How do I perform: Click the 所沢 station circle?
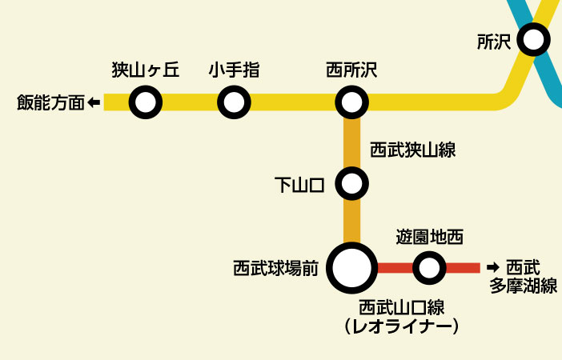pyautogui.click(x=533, y=38)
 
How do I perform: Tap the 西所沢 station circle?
pyautogui.click(x=351, y=102)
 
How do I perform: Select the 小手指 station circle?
pyautogui.click(x=234, y=102)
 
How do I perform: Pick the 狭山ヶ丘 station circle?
pyautogui.click(x=146, y=102)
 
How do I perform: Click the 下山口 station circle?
pyautogui.click(x=351, y=184)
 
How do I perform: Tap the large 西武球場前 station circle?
pyautogui.click(x=351, y=268)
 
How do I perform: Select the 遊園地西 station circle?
pyautogui.click(x=429, y=268)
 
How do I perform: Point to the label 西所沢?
pyautogui.click(x=351, y=70)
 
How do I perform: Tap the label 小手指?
pyautogui.click(x=234, y=70)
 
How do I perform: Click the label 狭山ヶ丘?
pyautogui.click(x=145, y=70)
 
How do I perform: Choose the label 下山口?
pyautogui.click(x=299, y=186)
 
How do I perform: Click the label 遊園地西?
pyautogui.click(x=430, y=237)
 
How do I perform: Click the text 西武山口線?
pyautogui.click(x=401, y=306)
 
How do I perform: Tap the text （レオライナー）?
pyautogui.click(x=401, y=326)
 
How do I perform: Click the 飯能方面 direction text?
pyautogui.click(x=50, y=103)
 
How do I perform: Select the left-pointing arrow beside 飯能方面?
pyautogui.click(x=94, y=102)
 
